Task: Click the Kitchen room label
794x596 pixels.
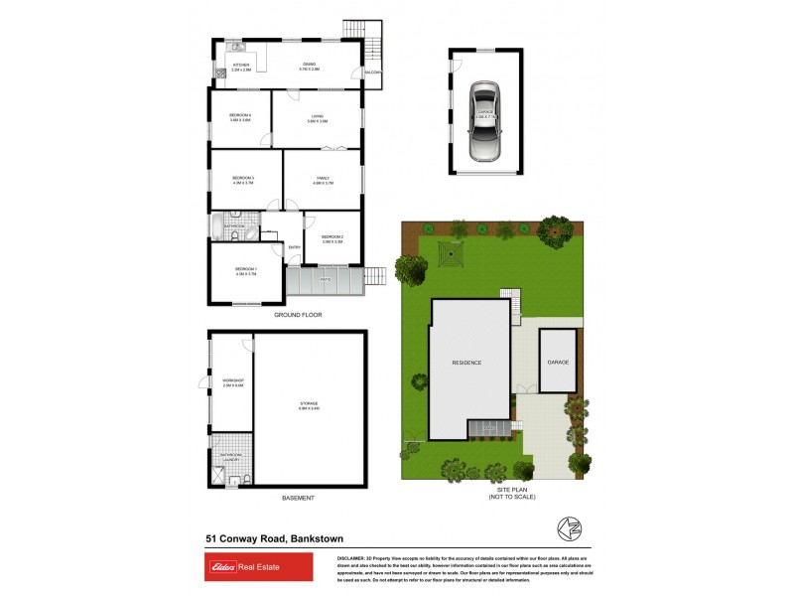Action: pos(241,68)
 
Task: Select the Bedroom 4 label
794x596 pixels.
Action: pos(240,117)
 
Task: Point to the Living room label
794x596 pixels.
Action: pos(317,117)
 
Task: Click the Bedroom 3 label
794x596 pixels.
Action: pos(243,179)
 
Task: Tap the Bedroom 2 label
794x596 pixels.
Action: pos(331,236)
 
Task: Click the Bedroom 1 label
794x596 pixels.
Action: pos(245,270)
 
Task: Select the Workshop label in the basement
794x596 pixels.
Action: pos(233,380)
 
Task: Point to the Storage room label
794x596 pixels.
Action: pos(308,404)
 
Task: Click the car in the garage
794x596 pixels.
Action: pos(484,121)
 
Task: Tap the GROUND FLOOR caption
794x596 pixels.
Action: pos(298,315)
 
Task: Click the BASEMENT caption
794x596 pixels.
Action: pos(298,498)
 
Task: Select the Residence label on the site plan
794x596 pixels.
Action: pos(466,363)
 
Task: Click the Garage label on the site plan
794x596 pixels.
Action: pos(558,362)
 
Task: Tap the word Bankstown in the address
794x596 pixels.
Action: pos(323,538)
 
